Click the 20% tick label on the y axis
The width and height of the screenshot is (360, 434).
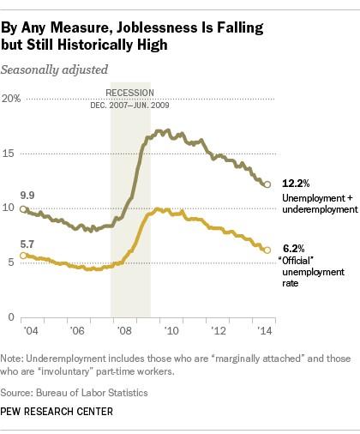[x=12, y=99]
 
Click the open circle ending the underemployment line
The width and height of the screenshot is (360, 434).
[x=267, y=184]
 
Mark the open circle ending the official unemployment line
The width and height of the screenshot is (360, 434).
[x=267, y=250]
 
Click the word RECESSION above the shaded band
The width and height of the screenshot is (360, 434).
[x=129, y=92]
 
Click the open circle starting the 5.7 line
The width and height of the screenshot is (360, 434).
[x=23, y=256]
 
